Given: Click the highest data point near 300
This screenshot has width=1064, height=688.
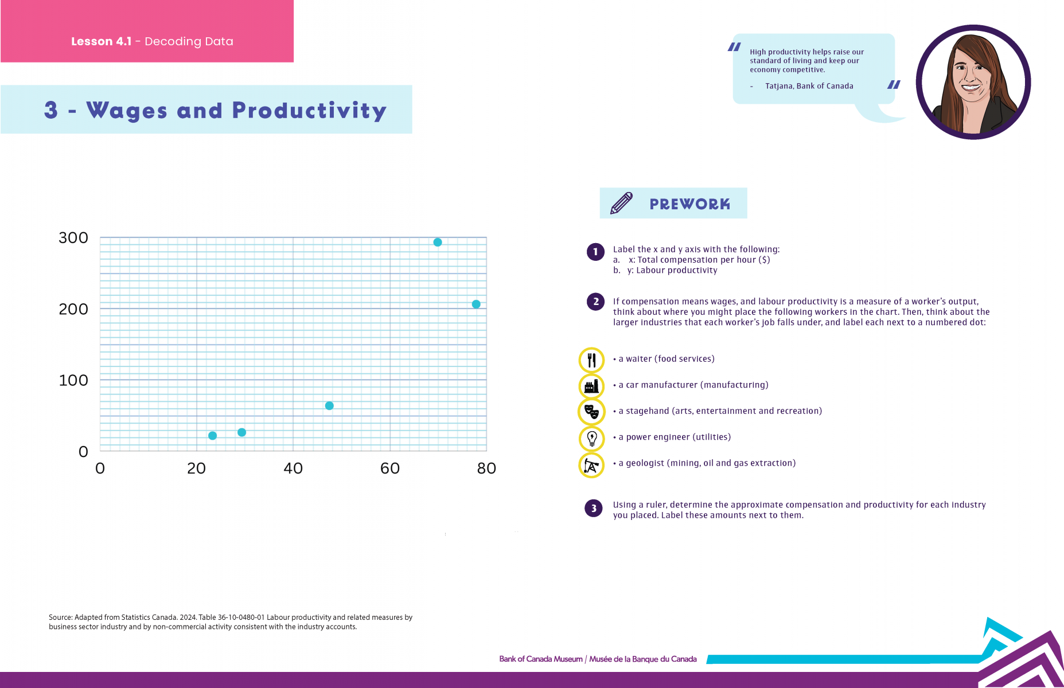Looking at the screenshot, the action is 438,243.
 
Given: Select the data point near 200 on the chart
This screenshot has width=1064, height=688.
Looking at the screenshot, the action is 476,304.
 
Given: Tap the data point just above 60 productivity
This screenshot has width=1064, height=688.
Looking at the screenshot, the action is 329,406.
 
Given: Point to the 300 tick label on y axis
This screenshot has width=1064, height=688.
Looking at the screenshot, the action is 73,238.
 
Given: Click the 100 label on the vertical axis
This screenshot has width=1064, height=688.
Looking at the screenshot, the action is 73,380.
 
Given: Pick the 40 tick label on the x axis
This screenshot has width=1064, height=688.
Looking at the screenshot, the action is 293,468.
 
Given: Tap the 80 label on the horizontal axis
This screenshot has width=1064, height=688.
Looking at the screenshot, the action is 486,468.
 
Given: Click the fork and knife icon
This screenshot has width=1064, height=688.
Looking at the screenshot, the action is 591,360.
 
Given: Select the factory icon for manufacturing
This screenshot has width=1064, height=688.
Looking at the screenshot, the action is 591,386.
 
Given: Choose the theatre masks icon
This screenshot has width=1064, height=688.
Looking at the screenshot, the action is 591,412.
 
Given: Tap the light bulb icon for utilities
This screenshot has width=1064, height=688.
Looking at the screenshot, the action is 591,439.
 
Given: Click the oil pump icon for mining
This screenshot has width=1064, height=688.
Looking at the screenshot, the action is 591,465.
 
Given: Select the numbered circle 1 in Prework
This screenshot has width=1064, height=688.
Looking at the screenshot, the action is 595,252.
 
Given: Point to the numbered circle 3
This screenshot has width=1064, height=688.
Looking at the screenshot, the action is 594,508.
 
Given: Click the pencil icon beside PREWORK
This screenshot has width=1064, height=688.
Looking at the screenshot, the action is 621,203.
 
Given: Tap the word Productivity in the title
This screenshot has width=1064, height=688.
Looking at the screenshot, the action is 309,111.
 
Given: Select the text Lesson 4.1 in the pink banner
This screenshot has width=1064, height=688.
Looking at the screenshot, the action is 102,41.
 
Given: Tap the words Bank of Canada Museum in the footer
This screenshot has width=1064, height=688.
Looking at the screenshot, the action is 541,659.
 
